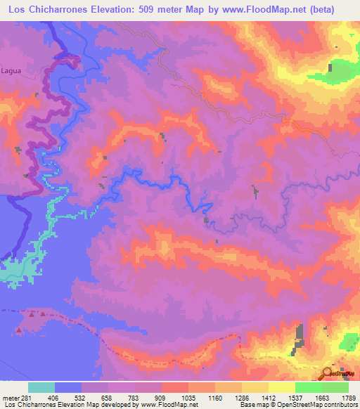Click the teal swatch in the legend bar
41,387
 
